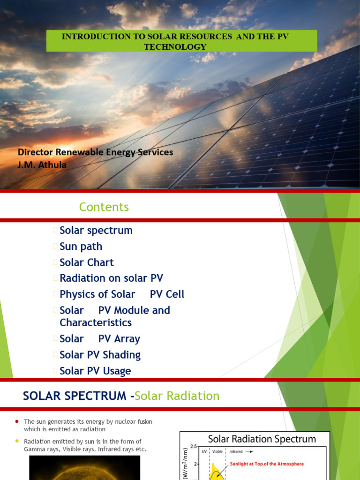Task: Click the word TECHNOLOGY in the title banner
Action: click(x=182, y=46)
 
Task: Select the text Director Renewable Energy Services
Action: click(x=95, y=152)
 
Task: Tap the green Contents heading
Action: click(x=104, y=207)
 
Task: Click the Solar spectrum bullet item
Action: click(x=96, y=230)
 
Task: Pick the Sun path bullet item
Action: click(x=81, y=246)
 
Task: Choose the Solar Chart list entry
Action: click(x=87, y=262)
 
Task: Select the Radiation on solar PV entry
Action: click(x=111, y=278)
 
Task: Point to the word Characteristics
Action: click(x=96, y=322)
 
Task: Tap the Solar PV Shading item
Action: click(x=100, y=355)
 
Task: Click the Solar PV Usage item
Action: click(x=95, y=371)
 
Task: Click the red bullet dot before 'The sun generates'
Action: click(x=17, y=421)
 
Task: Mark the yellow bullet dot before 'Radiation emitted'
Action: click(x=17, y=441)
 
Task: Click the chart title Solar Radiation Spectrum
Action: click(x=262, y=439)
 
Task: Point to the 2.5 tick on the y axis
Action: click(x=193, y=446)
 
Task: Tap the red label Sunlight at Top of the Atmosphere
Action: click(x=267, y=464)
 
